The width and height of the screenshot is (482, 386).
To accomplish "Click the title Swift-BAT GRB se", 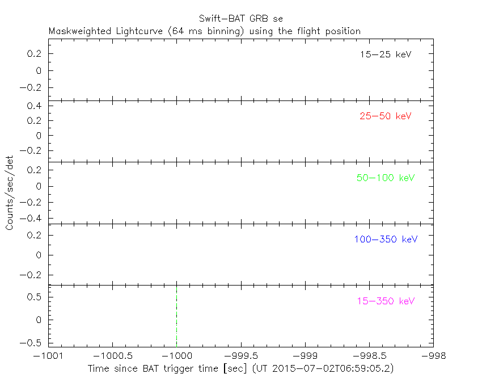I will tap(240, 19).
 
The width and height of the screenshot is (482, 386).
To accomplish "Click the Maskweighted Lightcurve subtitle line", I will tap(205, 31).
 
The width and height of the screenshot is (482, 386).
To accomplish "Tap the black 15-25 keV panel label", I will tap(385, 55).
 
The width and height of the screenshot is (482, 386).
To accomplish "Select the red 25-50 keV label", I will tap(385, 116).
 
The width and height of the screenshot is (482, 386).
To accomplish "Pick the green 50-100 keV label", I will tap(386, 178).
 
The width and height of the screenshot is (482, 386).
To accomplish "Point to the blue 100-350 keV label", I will tap(386, 239).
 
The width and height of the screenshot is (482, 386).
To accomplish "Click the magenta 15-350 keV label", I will tap(386, 301).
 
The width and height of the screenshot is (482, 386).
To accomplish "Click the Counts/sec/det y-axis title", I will tap(10, 193).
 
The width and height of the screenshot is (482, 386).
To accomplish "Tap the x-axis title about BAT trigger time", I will tap(240, 368).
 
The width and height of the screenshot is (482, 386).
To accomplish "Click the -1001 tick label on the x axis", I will tap(48, 355).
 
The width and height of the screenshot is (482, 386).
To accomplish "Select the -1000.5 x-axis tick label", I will tap(112, 355).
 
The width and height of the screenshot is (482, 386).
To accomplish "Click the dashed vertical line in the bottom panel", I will tap(176, 315).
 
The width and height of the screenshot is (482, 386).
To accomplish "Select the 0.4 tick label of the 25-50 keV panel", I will tap(36, 106).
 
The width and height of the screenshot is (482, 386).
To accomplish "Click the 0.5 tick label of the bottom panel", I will tap(36, 296).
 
